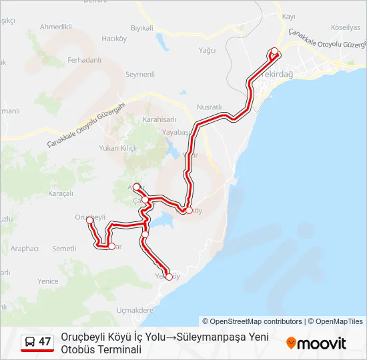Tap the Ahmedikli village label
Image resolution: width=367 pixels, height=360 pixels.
56,27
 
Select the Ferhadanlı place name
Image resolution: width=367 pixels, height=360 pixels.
84,60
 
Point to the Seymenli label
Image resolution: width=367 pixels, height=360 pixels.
140,75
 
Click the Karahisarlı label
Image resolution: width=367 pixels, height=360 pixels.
159,119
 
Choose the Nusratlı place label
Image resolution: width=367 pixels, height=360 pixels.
209,107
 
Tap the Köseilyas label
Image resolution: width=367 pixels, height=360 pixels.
346,27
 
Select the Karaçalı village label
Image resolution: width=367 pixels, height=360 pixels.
61,193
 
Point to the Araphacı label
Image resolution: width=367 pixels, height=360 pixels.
25,248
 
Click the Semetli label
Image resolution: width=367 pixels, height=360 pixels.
64,248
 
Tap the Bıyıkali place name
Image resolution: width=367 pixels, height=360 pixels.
142,27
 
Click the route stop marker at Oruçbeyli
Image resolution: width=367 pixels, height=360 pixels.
89,220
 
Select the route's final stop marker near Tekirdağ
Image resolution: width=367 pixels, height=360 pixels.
274,51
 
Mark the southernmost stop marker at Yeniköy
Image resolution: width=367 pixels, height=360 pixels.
169,277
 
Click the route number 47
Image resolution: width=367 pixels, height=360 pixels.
45,341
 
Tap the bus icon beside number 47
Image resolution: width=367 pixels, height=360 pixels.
30,341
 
